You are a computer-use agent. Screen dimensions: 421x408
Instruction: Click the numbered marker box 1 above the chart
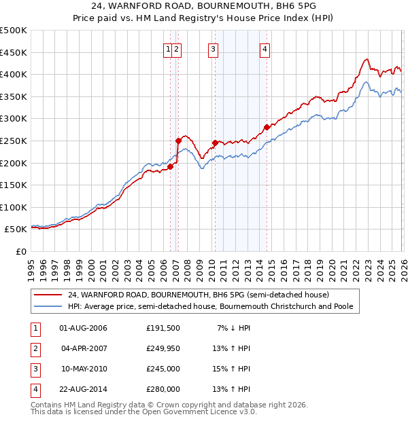[x=167, y=48]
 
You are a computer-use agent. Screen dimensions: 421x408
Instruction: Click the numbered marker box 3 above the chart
[x=213, y=48]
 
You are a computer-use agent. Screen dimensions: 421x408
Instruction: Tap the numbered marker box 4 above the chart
[x=265, y=48]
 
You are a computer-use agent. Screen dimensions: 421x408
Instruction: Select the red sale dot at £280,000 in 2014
[x=267, y=126]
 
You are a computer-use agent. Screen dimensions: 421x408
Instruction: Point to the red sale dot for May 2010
[x=215, y=143]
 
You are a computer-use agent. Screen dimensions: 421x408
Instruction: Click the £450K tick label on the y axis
[x=14, y=52]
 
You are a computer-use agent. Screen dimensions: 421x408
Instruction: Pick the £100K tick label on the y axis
[x=14, y=207]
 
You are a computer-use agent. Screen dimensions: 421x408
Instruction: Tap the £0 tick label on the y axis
[x=20, y=251]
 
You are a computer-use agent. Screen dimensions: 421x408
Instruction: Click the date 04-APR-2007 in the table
[x=84, y=348]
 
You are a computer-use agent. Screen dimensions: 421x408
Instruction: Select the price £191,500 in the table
[x=163, y=327]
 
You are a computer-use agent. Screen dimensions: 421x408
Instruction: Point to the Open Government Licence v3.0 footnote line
[x=143, y=411]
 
